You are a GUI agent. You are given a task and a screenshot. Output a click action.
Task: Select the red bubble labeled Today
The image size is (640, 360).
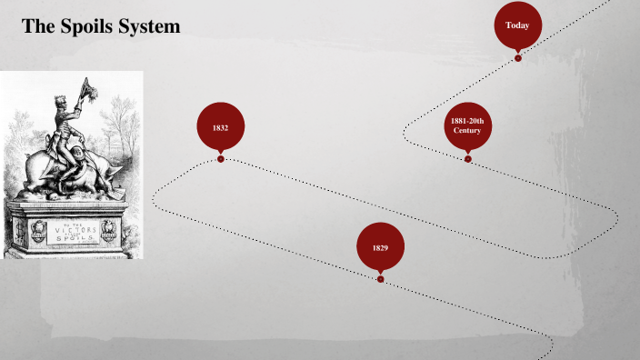click(x=517, y=25)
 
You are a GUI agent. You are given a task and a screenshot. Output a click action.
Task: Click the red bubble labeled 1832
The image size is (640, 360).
click(x=220, y=128)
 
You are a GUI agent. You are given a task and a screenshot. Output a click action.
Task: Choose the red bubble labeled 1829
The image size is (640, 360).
click(x=380, y=247)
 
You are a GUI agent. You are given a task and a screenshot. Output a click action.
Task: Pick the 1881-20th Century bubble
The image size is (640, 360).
click(x=467, y=126)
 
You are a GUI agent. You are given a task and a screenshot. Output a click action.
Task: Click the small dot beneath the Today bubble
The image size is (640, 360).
click(x=518, y=58)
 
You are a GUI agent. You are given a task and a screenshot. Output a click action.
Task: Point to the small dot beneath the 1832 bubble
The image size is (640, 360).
click(x=221, y=159)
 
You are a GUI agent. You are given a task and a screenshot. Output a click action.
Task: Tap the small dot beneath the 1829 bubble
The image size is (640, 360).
click(x=380, y=279)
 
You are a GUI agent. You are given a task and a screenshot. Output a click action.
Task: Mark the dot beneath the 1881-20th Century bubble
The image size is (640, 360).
click(x=468, y=159)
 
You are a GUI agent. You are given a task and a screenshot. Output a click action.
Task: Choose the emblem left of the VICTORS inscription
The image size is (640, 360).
click(x=37, y=231)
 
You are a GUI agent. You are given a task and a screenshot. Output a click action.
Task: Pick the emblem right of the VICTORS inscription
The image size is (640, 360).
click(x=109, y=231)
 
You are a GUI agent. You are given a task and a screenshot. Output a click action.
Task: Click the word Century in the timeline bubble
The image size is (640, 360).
click(x=467, y=132)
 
